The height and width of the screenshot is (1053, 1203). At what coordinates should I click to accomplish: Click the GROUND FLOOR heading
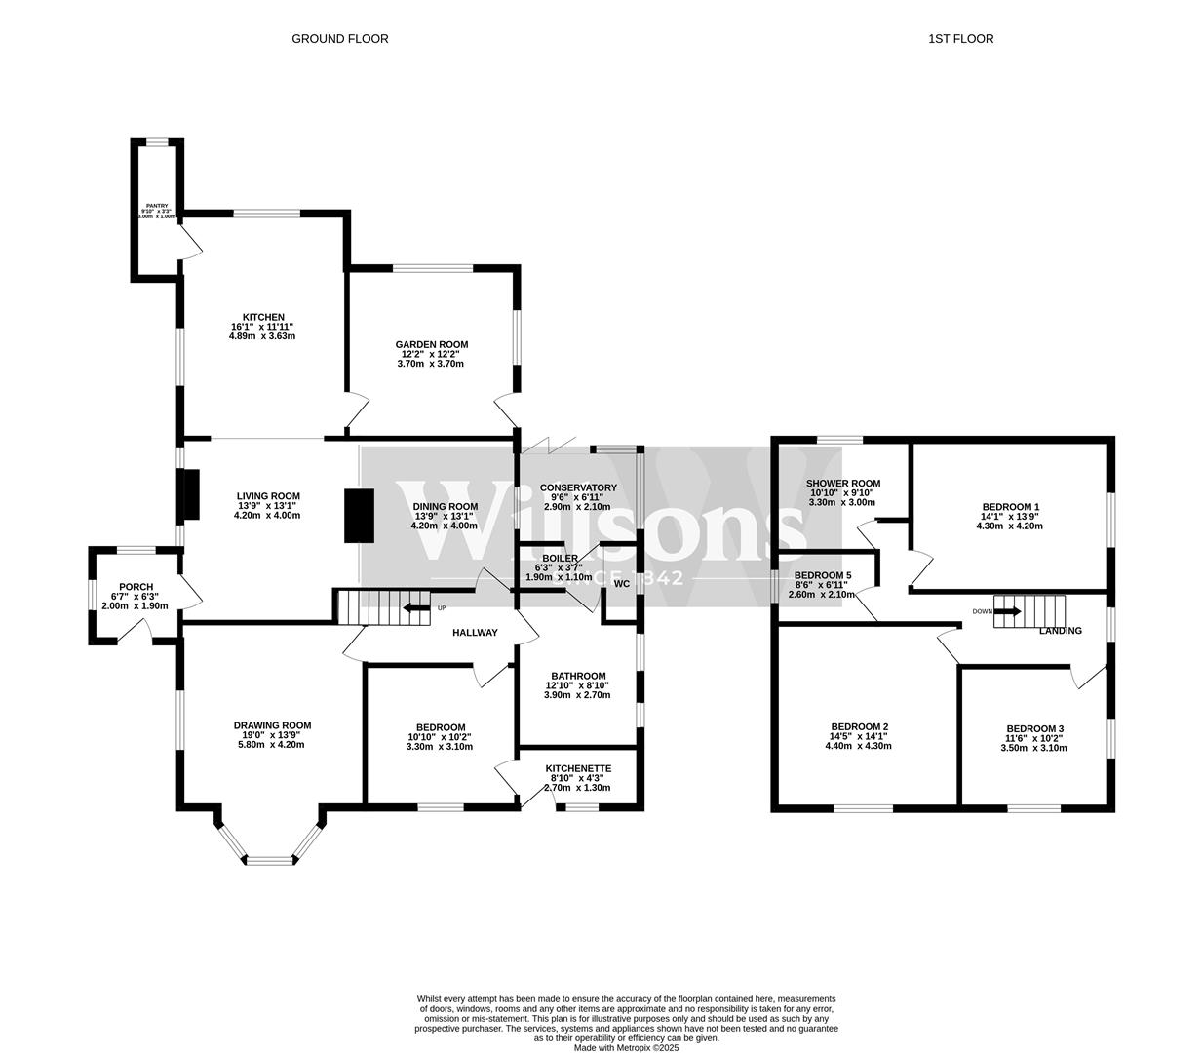point(339,39)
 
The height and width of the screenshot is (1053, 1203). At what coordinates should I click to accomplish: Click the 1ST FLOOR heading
point(960,39)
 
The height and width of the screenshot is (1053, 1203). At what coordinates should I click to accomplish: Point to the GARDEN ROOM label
point(431,344)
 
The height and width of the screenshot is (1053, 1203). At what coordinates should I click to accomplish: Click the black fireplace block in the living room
point(191,494)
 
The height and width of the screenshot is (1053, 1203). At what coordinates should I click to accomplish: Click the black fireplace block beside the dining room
point(359,515)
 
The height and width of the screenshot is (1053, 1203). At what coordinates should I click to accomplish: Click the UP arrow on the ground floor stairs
point(417,608)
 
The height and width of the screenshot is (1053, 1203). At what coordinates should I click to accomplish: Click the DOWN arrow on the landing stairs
point(1008,611)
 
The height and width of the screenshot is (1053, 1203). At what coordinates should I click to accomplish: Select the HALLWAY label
point(475,633)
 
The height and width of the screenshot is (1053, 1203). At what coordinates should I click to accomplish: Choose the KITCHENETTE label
point(578,768)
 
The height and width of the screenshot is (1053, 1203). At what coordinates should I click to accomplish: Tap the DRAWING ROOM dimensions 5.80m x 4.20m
point(271,745)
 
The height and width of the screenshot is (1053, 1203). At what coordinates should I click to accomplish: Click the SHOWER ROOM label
point(843,484)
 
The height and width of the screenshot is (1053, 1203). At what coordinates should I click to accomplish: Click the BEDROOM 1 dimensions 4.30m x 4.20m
point(1009,526)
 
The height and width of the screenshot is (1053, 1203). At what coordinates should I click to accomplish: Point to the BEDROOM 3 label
point(1034,729)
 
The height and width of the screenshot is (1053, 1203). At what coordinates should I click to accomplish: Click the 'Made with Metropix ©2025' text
point(626,1048)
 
